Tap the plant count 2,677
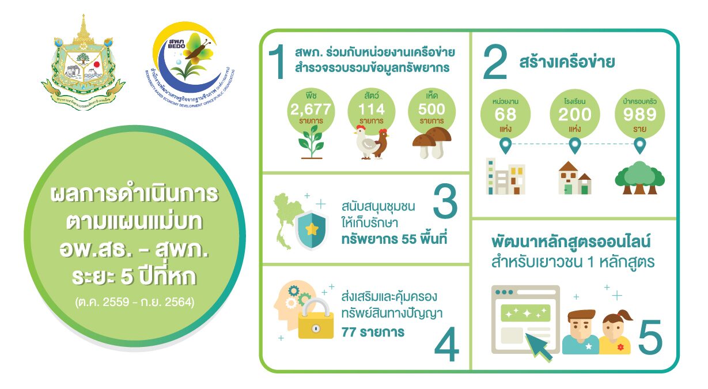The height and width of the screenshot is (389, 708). pos(312,108)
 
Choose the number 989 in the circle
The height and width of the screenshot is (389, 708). pos(639,114)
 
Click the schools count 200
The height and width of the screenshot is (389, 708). pos(574,114)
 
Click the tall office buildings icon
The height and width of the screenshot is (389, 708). pos(506,176)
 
